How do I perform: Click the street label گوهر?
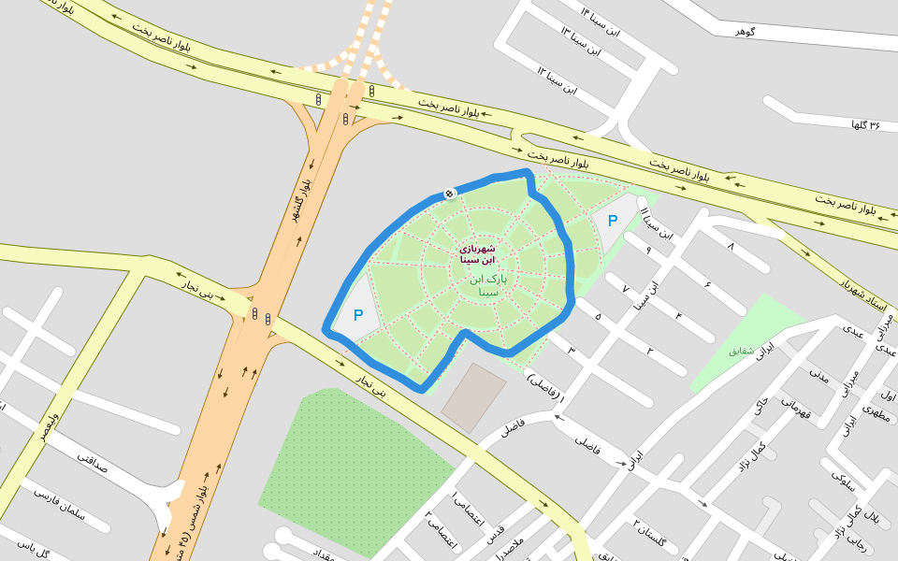click(x=745, y=32)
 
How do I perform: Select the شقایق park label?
click(x=740, y=351)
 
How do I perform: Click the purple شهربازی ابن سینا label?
click(x=477, y=255)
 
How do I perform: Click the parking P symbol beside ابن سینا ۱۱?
click(x=613, y=221)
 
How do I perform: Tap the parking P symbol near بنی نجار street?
click(x=357, y=316)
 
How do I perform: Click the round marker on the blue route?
click(x=450, y=194)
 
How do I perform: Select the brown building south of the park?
click(x=473, y=397)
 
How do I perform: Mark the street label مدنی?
click(x=818, y=375)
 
